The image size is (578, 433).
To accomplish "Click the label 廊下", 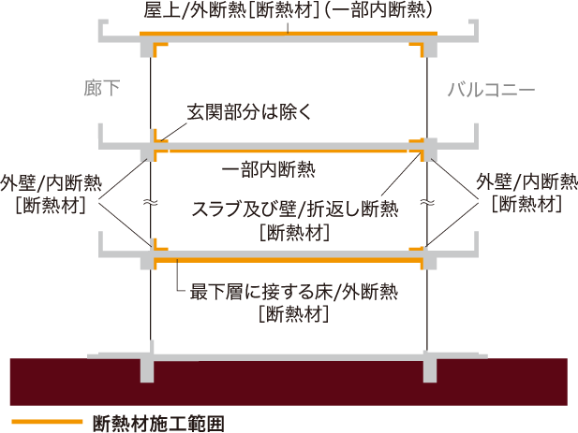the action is pos(102,88).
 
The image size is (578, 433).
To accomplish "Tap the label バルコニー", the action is pos(491,90).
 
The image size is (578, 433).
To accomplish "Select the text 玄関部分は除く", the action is pos(249,111).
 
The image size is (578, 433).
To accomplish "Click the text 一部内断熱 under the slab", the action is pos(268,169).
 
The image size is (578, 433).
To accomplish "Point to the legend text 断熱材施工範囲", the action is pos(158,423).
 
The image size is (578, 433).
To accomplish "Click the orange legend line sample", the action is pos(47,422).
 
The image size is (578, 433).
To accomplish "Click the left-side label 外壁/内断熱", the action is pos(51,183).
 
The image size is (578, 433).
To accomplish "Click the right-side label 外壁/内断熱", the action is pos(526,181).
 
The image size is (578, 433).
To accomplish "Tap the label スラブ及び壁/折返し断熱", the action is pos(295,209).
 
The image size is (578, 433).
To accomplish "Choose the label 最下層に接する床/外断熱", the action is pos(294,292).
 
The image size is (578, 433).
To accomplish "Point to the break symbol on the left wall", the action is pos(151,202).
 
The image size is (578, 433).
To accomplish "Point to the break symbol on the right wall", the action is pos(427,202).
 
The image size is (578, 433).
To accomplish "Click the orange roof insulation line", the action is pos(289,34).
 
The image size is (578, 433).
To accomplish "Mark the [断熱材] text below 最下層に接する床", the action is pos(293,314).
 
